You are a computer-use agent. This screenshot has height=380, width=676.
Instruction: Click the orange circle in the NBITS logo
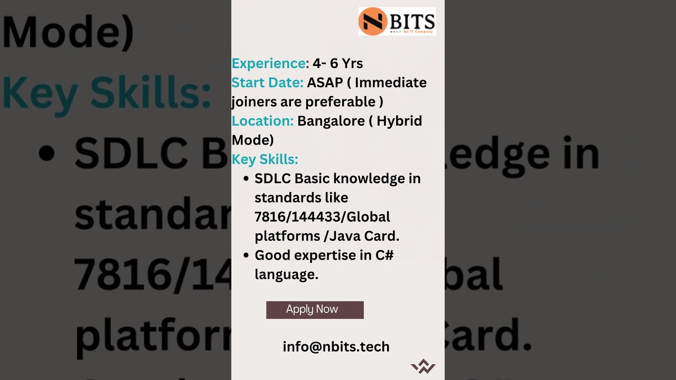click(x=372, y=22)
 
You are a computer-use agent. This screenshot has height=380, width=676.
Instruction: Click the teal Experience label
click(x=269, y=63)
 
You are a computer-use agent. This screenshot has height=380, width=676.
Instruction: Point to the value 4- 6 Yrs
click(x=337, y=63)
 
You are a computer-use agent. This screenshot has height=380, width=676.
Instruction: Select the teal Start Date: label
click(x=267, y=83)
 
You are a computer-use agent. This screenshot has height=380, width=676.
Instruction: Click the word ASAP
click(x=325, y=83)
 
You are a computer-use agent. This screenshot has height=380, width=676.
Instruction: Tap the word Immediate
click(x=390, y=83)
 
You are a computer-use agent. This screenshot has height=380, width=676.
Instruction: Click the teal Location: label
click(x=262, y=121)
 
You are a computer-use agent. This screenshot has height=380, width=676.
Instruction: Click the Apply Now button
click(x=315, y=310)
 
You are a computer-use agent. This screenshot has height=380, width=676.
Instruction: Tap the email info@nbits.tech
click(x=336, y=347)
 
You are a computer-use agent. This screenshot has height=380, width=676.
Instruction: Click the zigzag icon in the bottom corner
click(x=423, y=366)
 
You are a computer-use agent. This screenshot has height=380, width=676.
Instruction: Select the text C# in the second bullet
click(x=384, y=255)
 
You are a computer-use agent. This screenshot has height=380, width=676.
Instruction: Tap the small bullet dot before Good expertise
click(x=246, y=255)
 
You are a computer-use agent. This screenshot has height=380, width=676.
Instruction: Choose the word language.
click(x=286, y=274)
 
